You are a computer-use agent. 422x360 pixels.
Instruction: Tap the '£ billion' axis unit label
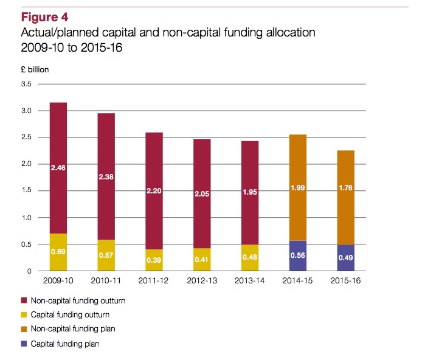pyautogui.click(x=34, y=69)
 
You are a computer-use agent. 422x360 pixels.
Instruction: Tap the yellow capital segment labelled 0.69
pyautogui.click(x=58, y=252)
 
